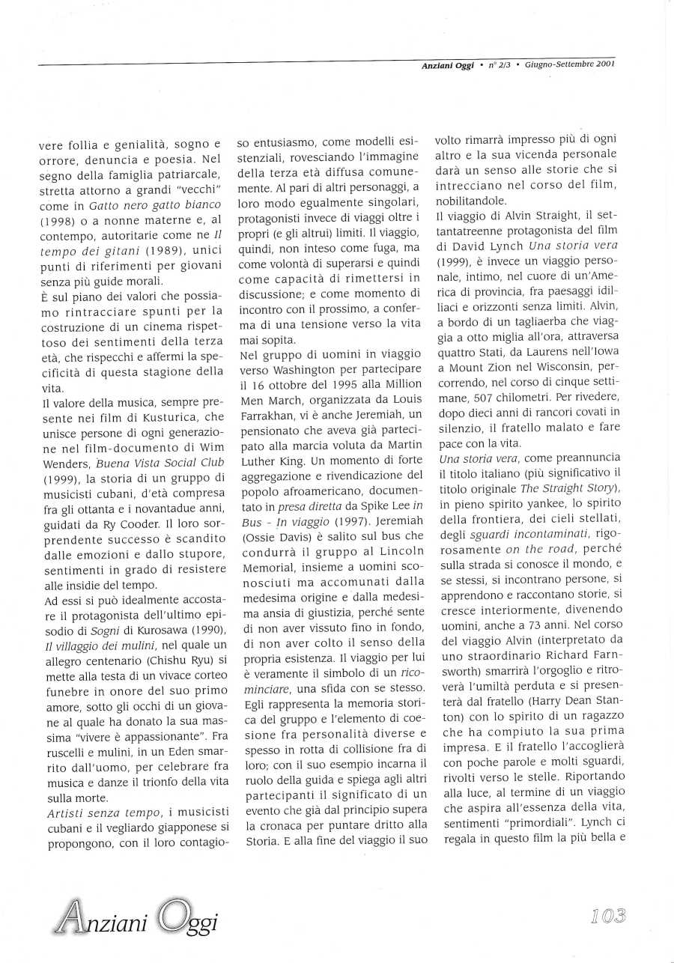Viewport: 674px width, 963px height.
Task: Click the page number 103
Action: [x=607, y=915]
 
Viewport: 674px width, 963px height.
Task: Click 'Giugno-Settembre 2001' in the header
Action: [x=570, y=64]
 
